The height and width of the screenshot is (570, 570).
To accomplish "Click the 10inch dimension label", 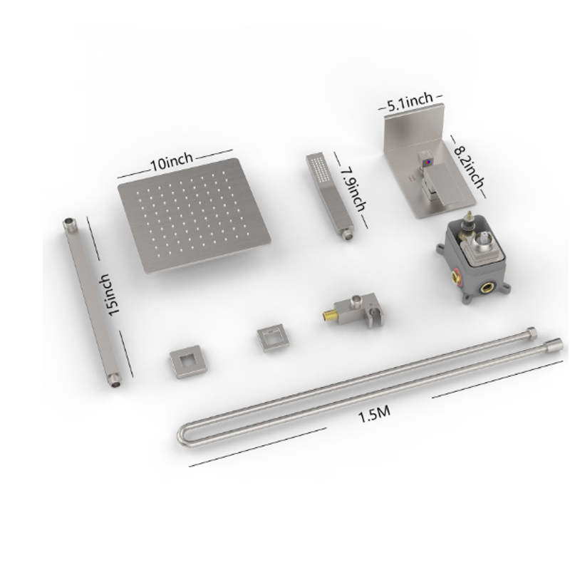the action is (x=172, y=162).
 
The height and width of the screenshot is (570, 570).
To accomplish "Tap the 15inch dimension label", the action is (x=110, y=294).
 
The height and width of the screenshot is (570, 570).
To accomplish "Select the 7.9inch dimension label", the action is (x=353, y=189).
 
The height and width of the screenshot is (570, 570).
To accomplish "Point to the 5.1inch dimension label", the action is (x=410, y=102).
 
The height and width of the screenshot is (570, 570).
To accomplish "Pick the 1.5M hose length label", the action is (x=375, y=415).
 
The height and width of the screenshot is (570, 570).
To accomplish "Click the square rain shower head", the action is (x=194, y=215).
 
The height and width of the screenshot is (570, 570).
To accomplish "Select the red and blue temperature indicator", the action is (x=428, y=160).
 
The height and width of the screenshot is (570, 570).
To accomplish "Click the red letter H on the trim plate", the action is (x=412, y=179).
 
